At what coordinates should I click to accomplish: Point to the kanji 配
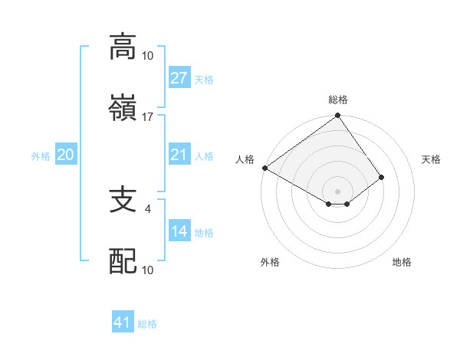(123, 261)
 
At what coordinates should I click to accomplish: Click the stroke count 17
(148, 117)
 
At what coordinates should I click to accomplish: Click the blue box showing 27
(179, 78)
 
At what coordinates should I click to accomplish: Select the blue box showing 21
(179, 155)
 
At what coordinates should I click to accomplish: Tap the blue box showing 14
(179, 231)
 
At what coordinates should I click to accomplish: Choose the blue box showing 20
(65, 155)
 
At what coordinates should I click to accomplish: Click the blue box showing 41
(123, 322)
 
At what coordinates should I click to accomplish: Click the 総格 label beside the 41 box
(147, 324)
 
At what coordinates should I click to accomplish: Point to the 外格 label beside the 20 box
(41, 156)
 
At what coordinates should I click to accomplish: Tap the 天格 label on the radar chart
(432, 159)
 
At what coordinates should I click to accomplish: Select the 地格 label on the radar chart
(402, 262)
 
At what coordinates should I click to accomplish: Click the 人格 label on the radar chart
(245, 159)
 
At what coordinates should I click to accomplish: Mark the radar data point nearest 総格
(337, 116)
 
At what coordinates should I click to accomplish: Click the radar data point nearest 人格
(264, 168)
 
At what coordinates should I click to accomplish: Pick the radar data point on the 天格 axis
(381, 177)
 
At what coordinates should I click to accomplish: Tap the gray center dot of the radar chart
(337, 191)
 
